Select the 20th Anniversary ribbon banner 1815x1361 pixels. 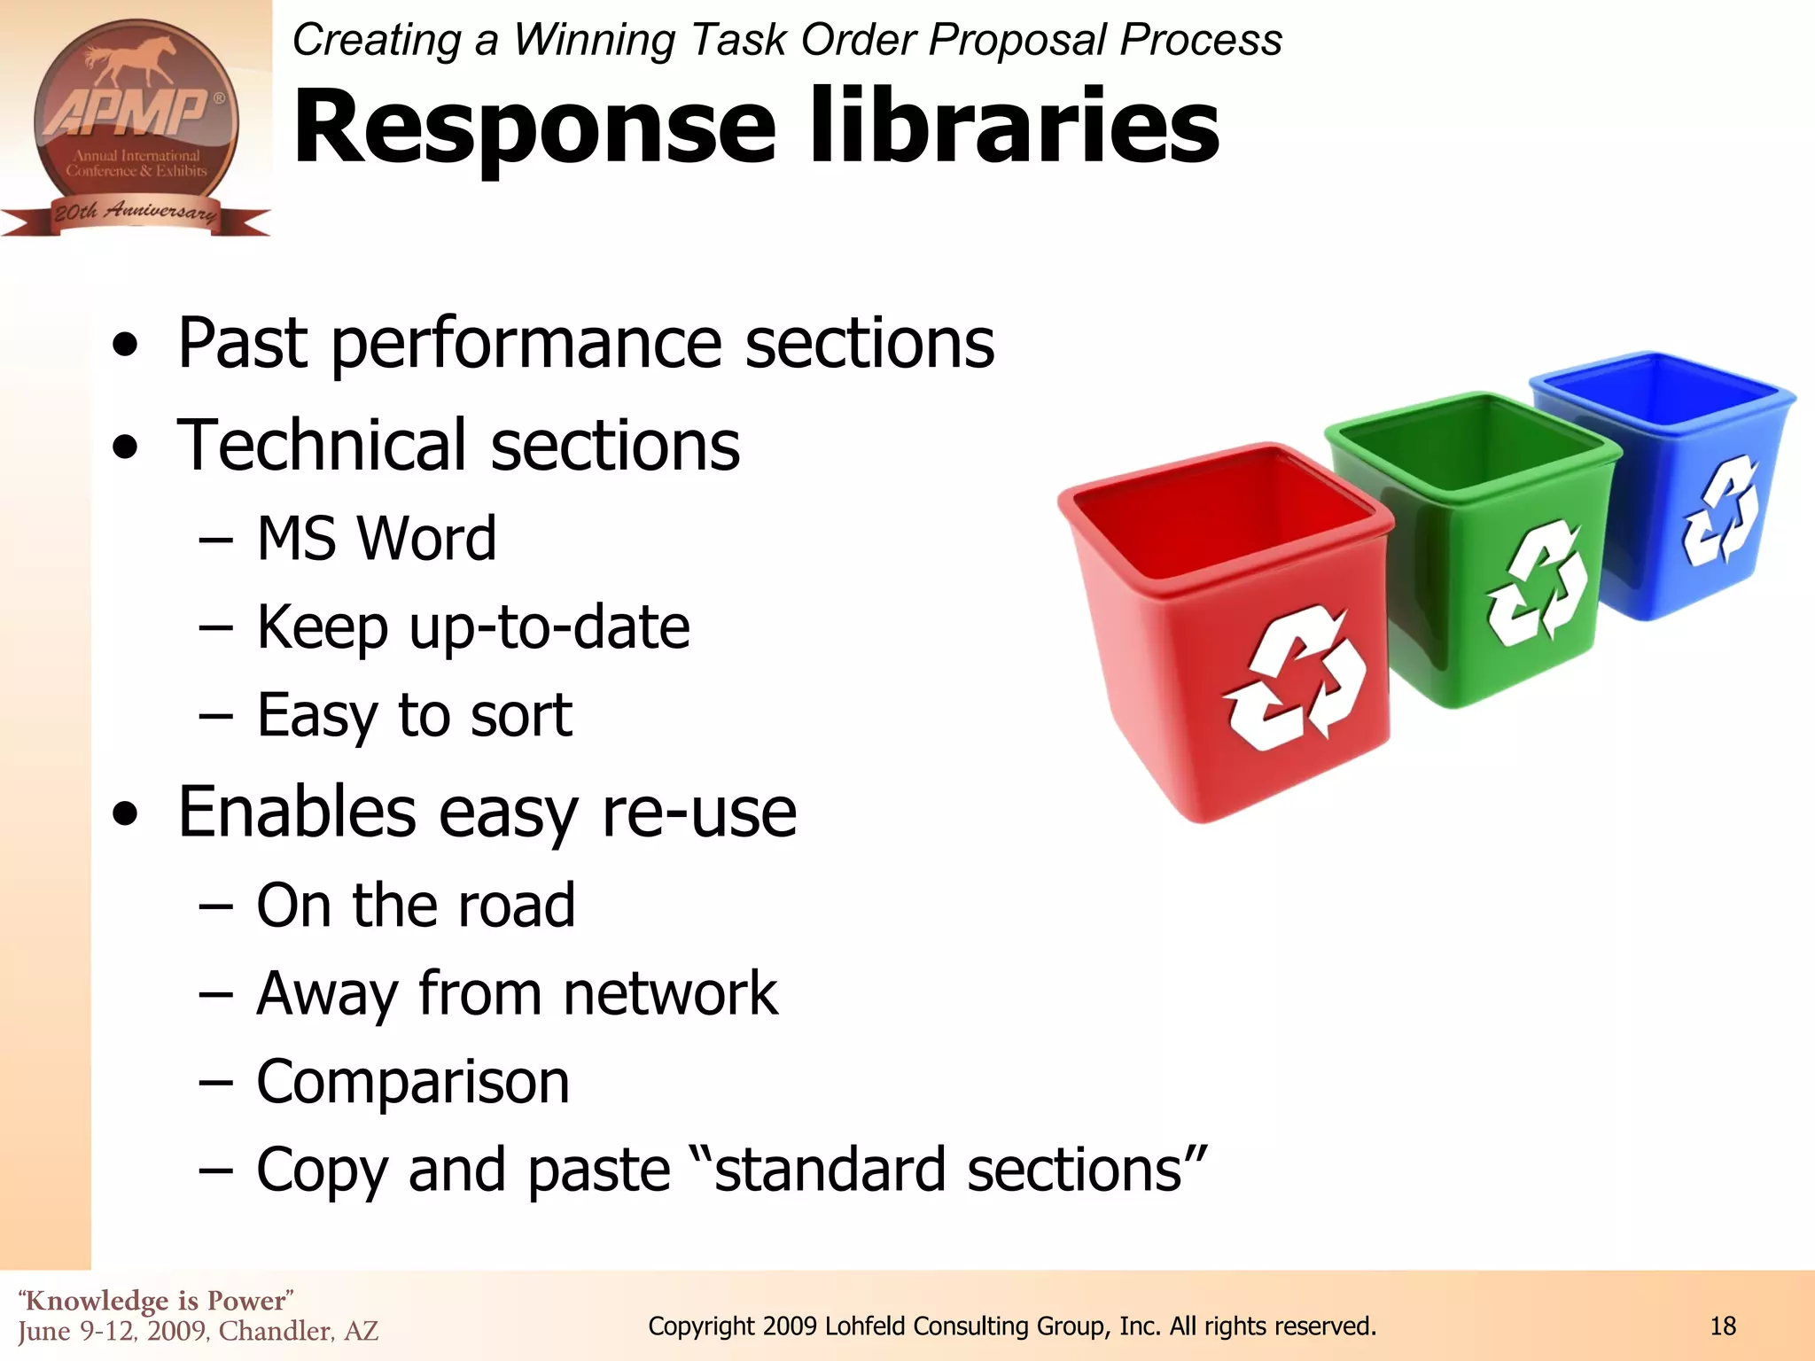pyautogui.click(x=135, y=214)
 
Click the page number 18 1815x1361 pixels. pyautogui.click(x=1723, y=1326)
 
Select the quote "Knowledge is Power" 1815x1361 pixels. pyautogui.click(x=156, y=1301)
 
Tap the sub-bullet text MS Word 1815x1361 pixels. pyautogui.click(x=376, y=539)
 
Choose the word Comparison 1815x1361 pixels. pyautogui.click(x=412, y=1082)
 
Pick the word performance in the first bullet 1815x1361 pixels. pyautogui.click(x=526, y=344)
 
